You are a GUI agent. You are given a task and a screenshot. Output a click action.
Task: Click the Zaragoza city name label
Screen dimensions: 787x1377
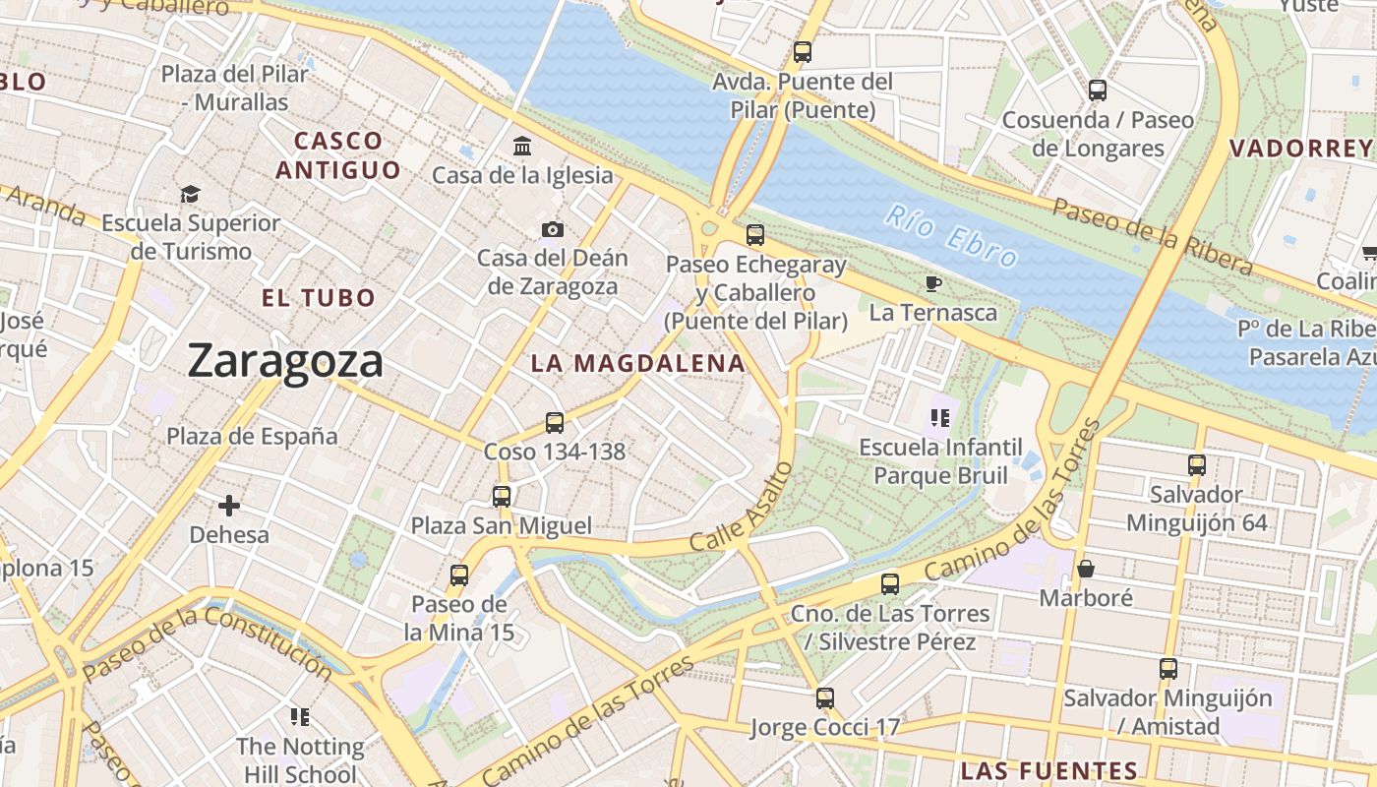coord(285,361)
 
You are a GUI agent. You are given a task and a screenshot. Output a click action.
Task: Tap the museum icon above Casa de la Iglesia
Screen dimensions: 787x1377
coord(523,147)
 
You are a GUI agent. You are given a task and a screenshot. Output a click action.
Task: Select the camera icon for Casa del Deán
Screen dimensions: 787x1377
coord(553,230)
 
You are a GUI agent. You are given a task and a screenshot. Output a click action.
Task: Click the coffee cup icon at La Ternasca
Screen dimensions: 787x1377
coord(933,284)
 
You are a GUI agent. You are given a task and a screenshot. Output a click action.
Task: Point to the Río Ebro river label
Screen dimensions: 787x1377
coord(950,236)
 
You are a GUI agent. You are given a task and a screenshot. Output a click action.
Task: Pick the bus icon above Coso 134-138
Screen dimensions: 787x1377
coord(555,423)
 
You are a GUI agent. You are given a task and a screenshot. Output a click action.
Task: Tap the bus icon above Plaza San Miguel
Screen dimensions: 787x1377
coord(502,497)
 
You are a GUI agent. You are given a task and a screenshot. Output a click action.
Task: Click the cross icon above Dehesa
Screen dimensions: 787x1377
coord(229,507)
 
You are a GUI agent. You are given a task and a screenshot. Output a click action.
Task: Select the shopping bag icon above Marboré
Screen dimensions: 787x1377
coord(1086,569)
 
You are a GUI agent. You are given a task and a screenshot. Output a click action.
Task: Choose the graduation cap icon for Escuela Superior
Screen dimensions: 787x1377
coord(191,195)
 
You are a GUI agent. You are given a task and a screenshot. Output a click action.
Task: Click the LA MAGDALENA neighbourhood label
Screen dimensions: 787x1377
coord(638,363)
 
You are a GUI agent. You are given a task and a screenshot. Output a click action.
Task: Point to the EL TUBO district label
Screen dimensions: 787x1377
coord(319,298)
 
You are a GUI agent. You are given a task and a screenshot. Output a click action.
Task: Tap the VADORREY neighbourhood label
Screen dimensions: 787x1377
coord(1300,149)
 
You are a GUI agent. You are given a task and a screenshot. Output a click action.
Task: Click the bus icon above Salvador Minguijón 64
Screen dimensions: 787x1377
coord(1197,465)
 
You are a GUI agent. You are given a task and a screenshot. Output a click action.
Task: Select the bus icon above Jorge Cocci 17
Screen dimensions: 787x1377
coord(825,698)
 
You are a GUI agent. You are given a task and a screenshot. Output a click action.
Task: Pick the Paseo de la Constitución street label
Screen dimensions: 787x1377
coord(208,644)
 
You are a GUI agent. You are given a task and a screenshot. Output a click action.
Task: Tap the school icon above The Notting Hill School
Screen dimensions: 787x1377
coord(300,717)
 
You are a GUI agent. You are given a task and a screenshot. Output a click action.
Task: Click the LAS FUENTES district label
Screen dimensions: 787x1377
coord(1049,770)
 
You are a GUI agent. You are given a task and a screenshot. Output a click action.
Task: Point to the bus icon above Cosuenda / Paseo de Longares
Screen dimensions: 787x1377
coord(1098,91)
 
